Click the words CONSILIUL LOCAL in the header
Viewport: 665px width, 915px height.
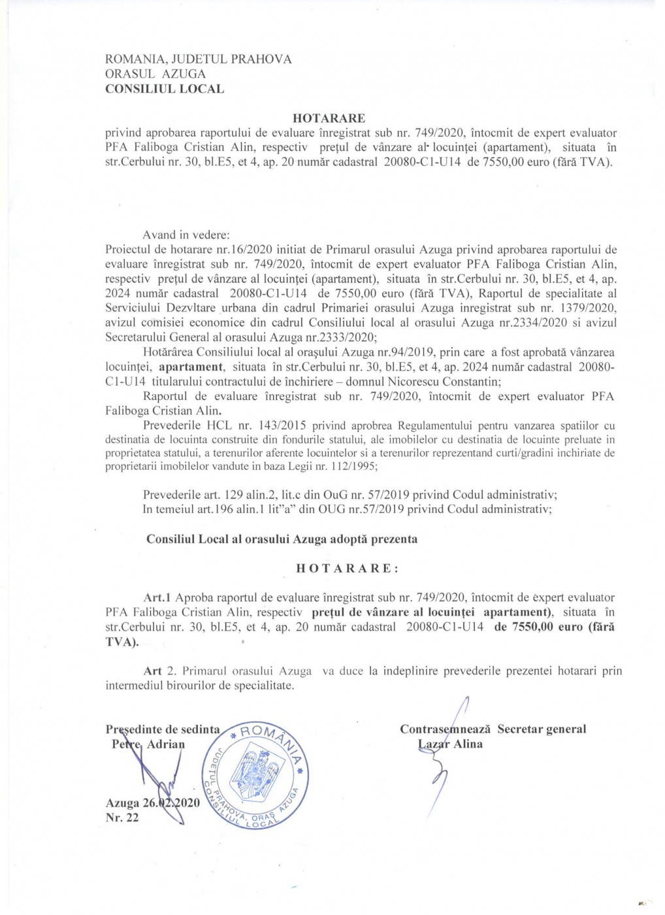tap(164, 89)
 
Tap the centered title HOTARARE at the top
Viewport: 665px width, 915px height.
tap(329, 118)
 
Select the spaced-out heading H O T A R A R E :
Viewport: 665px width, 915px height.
tap(347, 568)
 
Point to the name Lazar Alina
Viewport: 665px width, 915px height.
tap(450, 744)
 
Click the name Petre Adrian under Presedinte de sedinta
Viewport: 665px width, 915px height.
tap(148, 744)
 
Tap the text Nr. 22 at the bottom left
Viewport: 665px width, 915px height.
tap(122, 818)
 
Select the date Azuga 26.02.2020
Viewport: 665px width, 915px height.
tap(153, 803)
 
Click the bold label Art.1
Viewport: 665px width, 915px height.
tap(157, 597)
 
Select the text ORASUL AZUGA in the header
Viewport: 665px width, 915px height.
tap(155, 74)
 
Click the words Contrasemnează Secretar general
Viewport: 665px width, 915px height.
tap(493, 729)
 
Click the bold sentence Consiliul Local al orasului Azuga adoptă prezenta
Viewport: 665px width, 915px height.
tap(282, 539)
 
